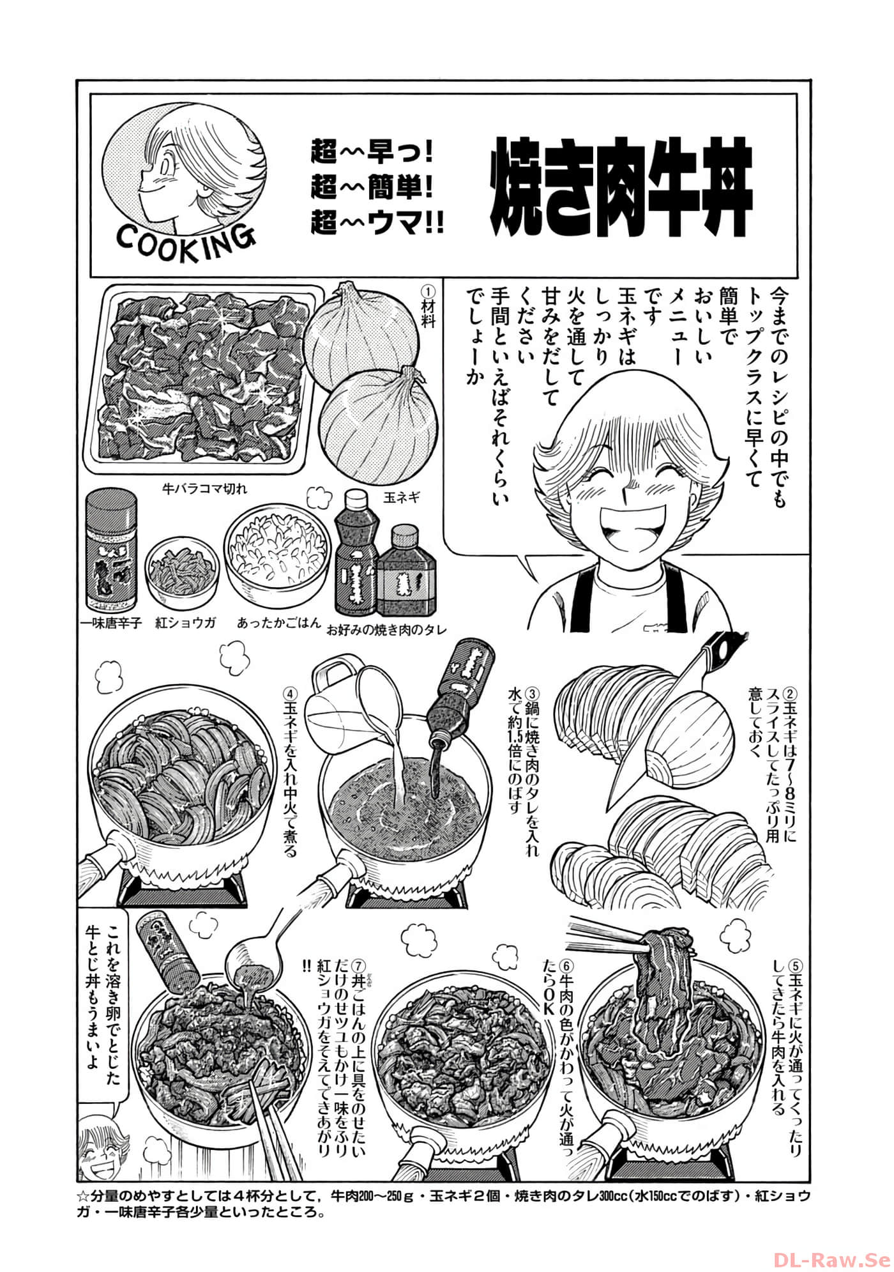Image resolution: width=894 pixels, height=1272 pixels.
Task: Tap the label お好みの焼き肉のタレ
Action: coord(386,629)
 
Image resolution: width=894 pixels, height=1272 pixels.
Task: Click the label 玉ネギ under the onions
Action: coord(402,497)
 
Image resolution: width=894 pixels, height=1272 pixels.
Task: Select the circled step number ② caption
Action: coord(791,693)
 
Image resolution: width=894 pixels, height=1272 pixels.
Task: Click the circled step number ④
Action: coord(289,693)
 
